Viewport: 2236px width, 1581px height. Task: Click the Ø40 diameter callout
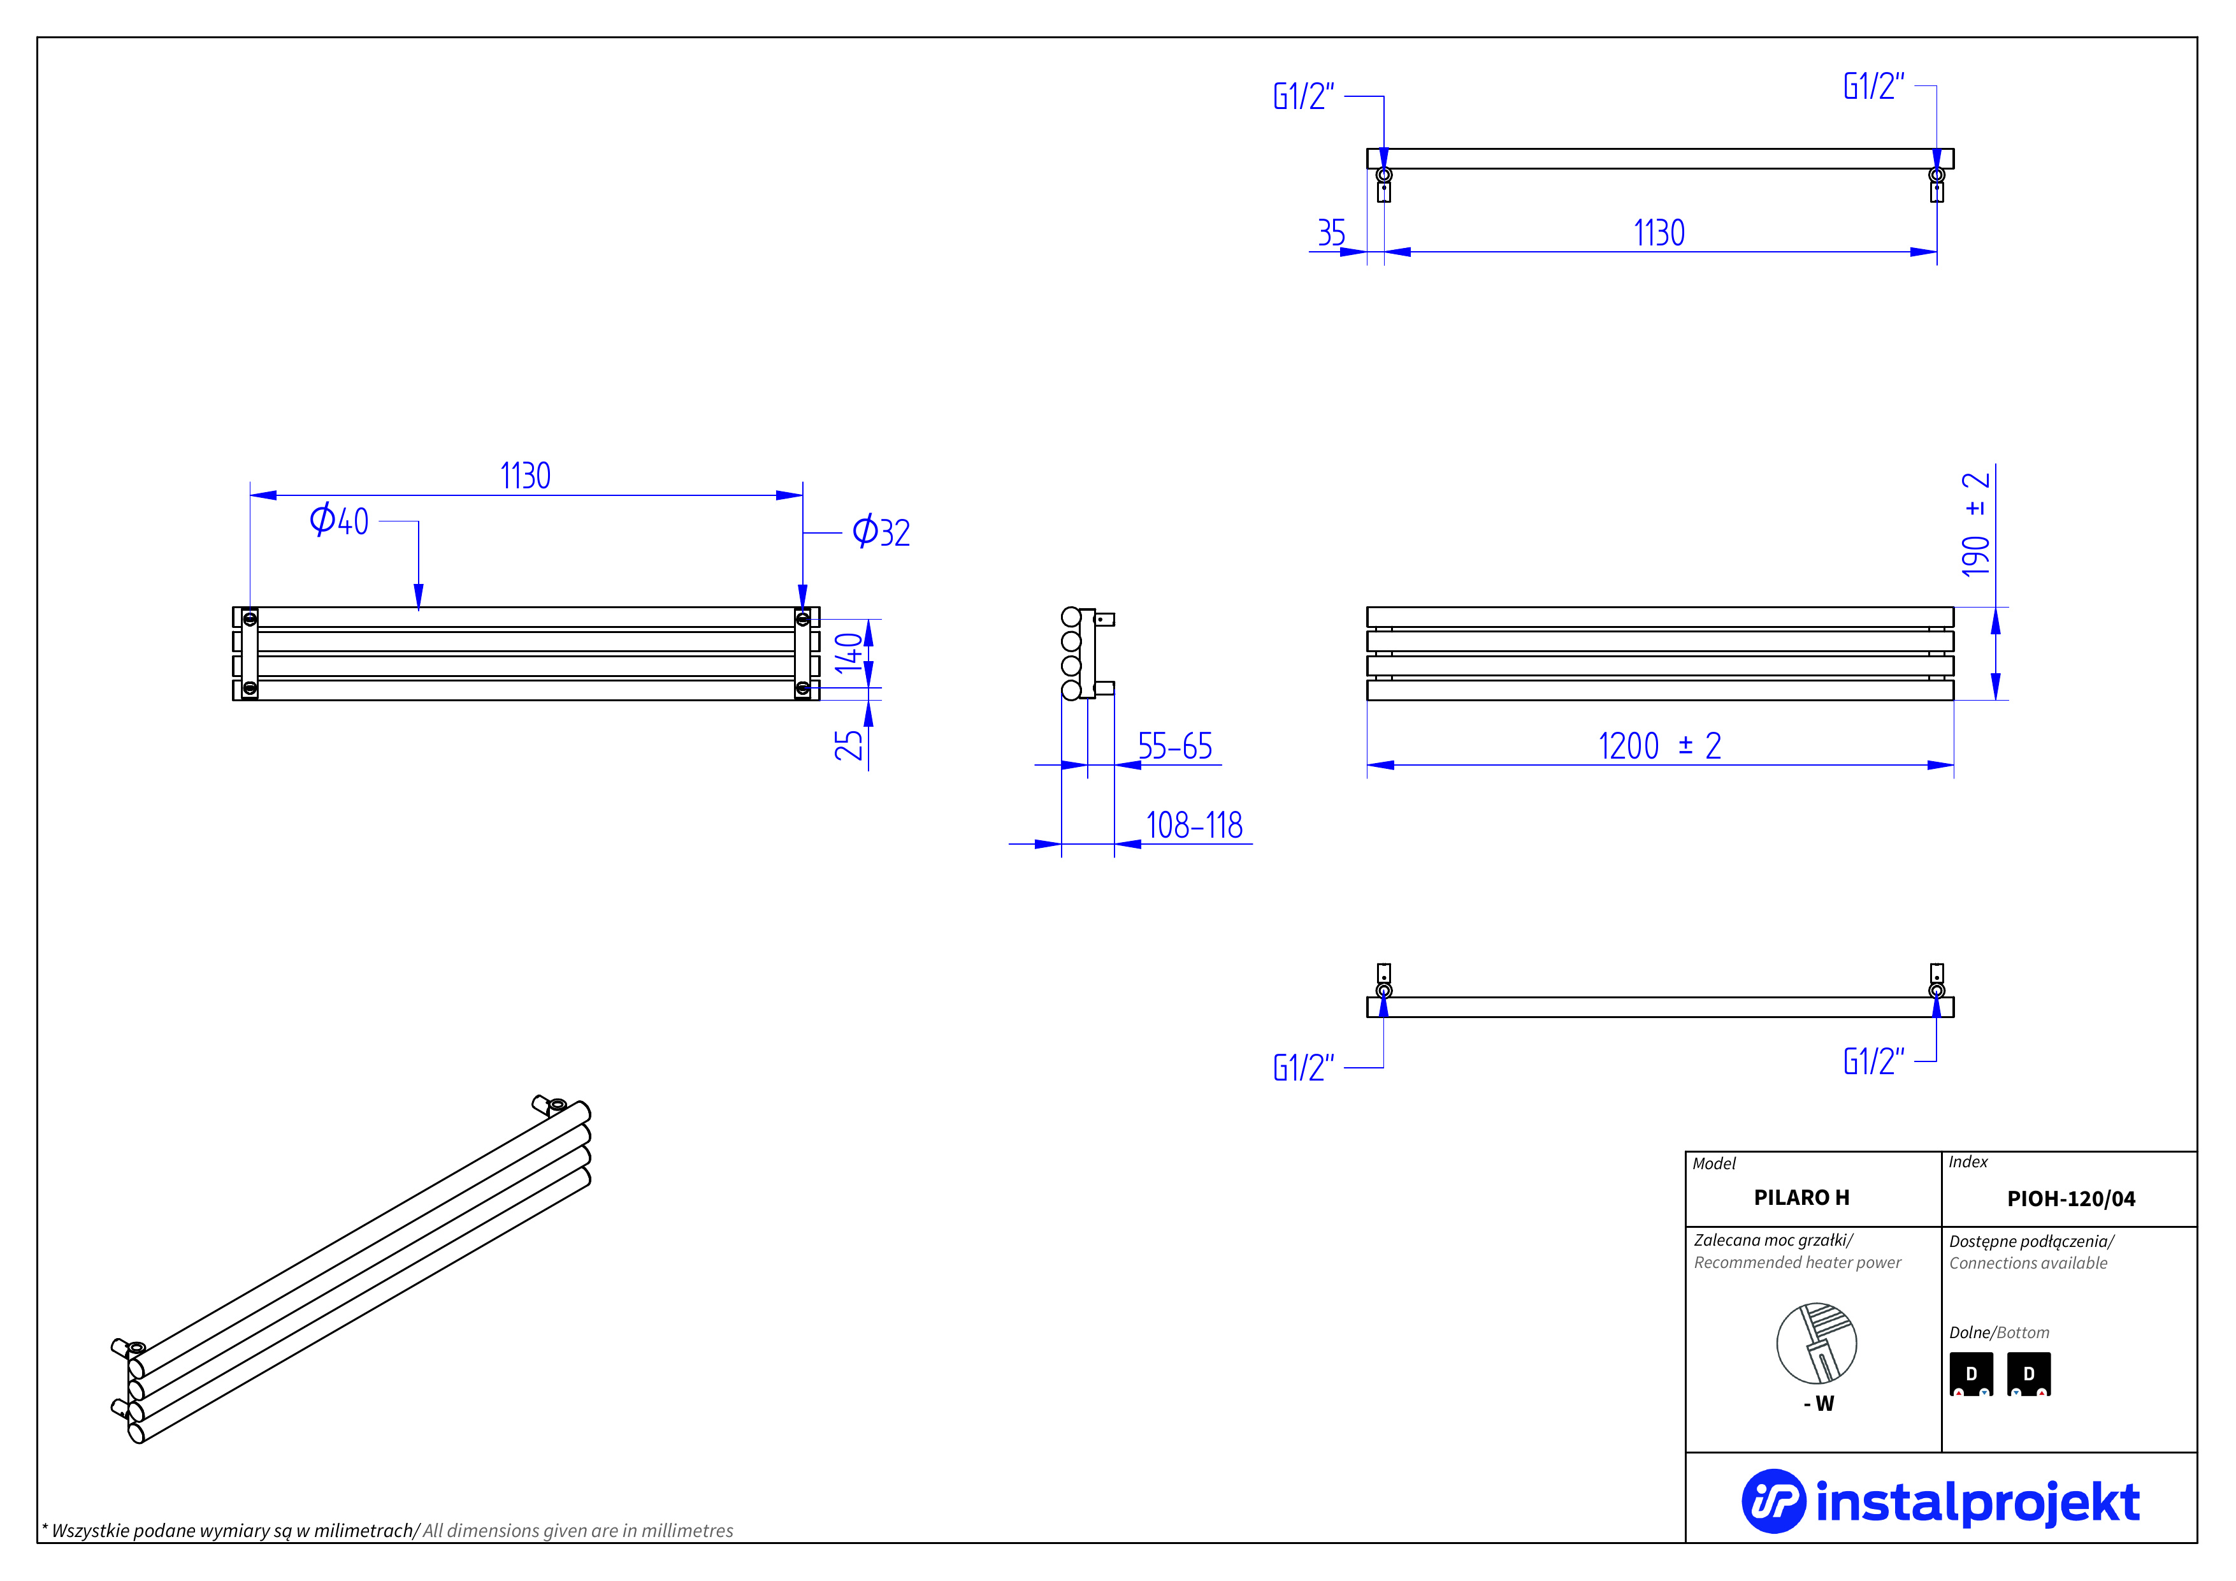(x=339, y=520)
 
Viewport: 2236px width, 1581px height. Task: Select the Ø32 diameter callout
(x=881, y=532)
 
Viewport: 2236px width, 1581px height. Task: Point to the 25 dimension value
(x=848, y=745)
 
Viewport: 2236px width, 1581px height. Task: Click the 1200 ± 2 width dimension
(x=1659, y=746)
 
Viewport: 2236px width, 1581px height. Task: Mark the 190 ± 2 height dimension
(x=1975, y=524)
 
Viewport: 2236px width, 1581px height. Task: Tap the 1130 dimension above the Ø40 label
(x=525, y=476)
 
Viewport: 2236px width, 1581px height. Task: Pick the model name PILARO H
(x=1801, y=1197)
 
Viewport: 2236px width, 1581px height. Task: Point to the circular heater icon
(x=1816, y=1343)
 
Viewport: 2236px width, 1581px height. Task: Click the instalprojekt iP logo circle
(x=1773, y=1501)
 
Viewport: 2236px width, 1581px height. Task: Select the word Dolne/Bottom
(x=1998, y=1332)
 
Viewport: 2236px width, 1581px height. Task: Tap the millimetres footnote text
(x=387, y=1531)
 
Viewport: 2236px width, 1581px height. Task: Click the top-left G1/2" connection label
(x=1303, y=96)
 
